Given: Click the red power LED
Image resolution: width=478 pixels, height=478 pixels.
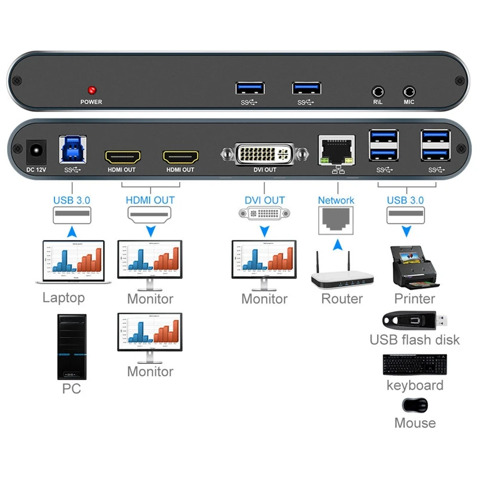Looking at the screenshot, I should pos(92,91).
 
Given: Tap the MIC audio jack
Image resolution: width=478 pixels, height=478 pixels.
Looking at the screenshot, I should pos(409,91).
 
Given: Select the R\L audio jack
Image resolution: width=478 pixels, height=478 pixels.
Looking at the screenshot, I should pos(378,91).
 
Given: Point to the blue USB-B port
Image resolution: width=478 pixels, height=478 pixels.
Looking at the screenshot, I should pos(72,151).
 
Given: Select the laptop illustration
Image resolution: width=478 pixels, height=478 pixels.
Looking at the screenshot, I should pos(73,261).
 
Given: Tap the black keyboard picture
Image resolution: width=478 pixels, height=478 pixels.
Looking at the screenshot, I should pos(414,364).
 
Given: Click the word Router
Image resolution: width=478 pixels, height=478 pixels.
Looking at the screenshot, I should pos(342,298).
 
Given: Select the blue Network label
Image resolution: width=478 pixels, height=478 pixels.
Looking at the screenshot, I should pos(336,201).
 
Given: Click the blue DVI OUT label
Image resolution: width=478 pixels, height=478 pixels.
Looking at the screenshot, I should pos(265,201).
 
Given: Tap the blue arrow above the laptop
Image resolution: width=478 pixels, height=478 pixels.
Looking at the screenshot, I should pos(72,231).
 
